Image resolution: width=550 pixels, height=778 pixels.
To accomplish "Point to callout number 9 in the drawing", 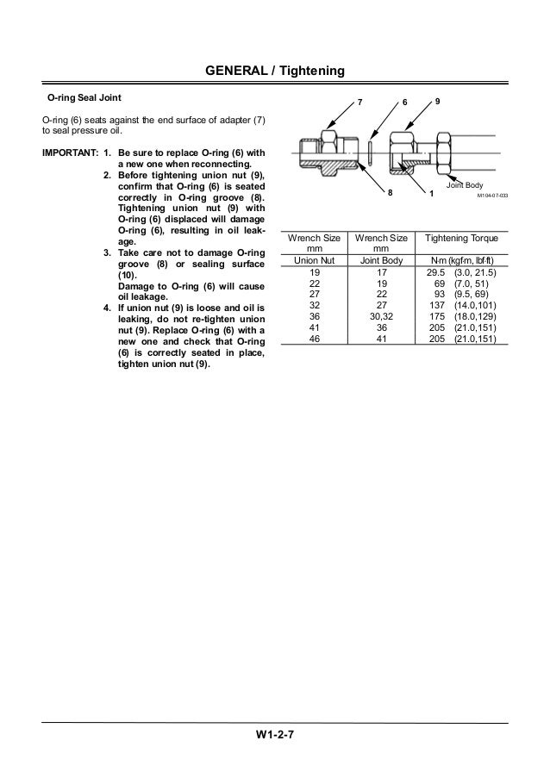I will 438,102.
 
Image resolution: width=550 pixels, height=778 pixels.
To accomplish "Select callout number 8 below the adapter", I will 389,194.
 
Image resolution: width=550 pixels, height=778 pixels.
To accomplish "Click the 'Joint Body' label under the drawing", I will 464,185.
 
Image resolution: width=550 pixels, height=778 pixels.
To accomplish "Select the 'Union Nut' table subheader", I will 313,258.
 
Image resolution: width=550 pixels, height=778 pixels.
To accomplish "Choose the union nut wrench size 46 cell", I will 313,338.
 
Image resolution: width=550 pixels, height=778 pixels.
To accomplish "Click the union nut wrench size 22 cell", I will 313,282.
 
